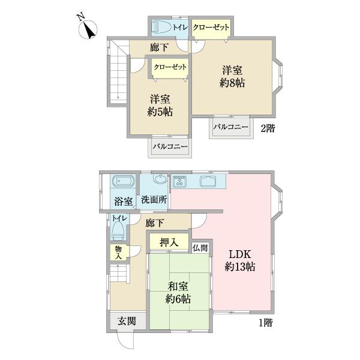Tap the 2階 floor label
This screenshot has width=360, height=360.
click(x=268, y=128)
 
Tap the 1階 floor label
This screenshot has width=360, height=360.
click(x=266, y=323)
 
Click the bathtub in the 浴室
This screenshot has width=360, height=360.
click(x=122, y=181)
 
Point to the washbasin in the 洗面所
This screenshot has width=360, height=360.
click(x=160, y=179)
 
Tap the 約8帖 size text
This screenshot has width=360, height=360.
click(x=232, y=83)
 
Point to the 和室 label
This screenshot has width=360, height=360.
click(x=179, y=286)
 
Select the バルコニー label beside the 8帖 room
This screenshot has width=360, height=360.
click(x=232, y=127)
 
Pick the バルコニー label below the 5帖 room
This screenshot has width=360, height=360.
click(x=170, y=146)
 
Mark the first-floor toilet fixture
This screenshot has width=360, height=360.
click(x=119, y=229)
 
